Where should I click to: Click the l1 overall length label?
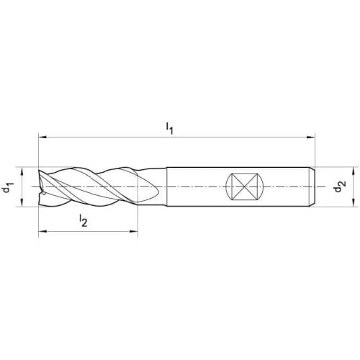click(170, 128)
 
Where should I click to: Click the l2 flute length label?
click(84, 220)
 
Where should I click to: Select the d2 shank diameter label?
click(341, 186)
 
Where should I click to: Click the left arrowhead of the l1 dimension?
click(42, 138)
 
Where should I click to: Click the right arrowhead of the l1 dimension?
click(311, 138)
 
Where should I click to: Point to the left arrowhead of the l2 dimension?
click(42, 232)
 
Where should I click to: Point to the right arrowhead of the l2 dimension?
click(134, 232)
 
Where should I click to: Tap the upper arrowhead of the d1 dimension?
click(22, 171)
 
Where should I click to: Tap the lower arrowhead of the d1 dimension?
click(22, 202)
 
